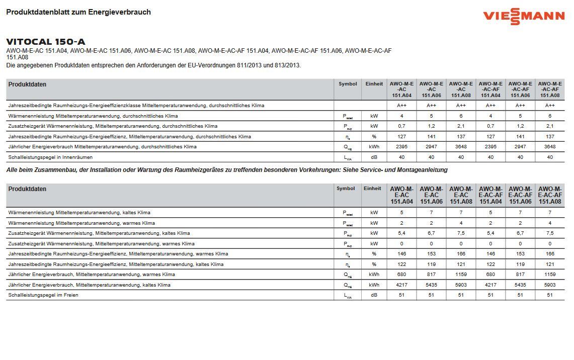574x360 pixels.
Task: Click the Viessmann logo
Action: [x=523, y=16]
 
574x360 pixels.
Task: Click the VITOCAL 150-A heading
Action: [x=46, y=42]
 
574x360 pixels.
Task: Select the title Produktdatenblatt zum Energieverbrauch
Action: [x=78, y=12]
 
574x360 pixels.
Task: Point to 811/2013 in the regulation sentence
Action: [x=248, y=65]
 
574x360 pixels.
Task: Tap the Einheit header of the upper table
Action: [x=374, y=84]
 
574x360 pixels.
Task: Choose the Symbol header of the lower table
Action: [x=346, y=189]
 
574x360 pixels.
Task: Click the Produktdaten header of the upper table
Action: [x=27, y=84]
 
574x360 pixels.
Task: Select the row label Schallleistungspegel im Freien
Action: [x=43, y=295]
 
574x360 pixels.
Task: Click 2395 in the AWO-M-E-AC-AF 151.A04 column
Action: [x=490, y=147]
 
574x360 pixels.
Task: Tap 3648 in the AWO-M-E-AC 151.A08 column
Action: [x=461, y=147]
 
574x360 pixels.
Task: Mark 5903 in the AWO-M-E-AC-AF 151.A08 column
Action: [x=550, y=285]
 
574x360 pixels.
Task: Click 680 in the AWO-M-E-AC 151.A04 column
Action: [x=401, y=275]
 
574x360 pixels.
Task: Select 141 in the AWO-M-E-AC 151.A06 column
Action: [x=431, y=137]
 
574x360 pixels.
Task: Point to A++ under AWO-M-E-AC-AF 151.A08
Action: [x=550, y=106]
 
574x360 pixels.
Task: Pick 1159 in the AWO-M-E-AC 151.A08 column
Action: [x=461, y=275]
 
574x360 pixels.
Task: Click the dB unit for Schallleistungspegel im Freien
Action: [x=374, y=295]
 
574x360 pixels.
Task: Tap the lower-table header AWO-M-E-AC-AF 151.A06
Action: [x=520, y=195]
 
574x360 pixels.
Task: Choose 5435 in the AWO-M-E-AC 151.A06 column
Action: [x=431, y=285]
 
